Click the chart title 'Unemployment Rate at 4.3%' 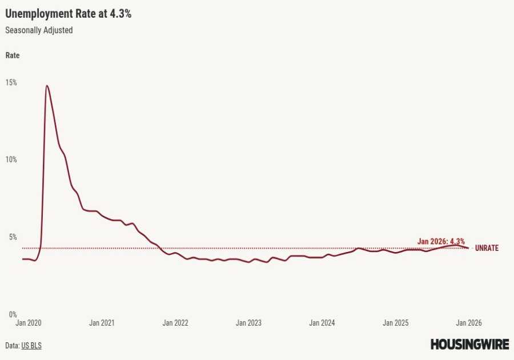click(68, 14)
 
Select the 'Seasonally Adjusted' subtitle click(39, 30)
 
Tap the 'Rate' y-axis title click(12, 55)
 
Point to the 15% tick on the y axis click(11, 82)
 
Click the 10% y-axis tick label click(11, 159)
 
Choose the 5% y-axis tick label click(11, 237)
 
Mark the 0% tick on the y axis click(11, 314)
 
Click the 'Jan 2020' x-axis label click(28, 323)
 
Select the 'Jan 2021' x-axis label click(102, 323)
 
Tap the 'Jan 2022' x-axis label click(175, 323)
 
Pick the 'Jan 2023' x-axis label click(248, 323)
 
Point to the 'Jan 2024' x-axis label click(322, 323)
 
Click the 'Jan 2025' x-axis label click(395, 323)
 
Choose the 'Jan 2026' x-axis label click(468, 323)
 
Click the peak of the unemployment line click(46, 86)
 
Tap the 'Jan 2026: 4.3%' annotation click(441, 241)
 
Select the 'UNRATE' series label click(487, 248)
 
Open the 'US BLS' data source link click(31, 346)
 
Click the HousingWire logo click(469, 344)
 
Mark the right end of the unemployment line click(468, 247)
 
